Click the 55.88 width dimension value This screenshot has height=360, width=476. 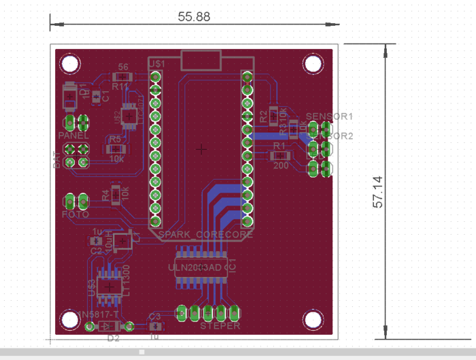point(194,17)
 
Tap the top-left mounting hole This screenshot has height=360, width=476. point(69,64)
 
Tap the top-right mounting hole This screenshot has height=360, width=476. point(313,64)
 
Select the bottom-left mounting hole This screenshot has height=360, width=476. point(69,318)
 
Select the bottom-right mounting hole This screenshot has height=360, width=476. point(313,318)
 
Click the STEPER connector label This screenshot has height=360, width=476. point(220,326)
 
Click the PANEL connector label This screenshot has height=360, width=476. point(73,135)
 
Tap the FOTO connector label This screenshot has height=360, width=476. point(75,214)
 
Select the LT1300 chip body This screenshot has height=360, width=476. point(107,287)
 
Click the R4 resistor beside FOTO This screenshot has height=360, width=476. point(116,194)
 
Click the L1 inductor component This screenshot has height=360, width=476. point(124,241)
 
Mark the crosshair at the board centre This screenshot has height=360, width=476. point(201,148)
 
